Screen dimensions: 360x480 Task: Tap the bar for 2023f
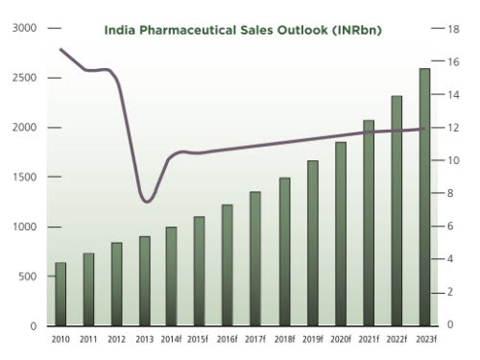point(424,197)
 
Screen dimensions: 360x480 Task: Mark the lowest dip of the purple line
point(145,201)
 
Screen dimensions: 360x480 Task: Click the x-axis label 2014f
point(171,339)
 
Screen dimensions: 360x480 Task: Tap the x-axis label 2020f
point(340,339)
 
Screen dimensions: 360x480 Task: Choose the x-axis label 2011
point(88,339)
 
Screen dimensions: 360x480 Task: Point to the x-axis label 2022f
point(396,339)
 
